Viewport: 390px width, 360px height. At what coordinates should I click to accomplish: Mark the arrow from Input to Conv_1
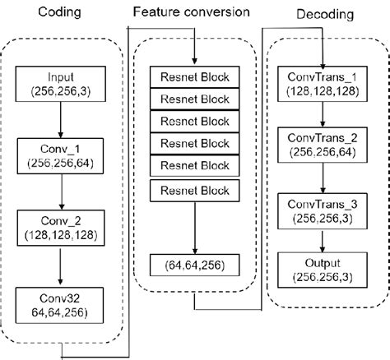[61, 120]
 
